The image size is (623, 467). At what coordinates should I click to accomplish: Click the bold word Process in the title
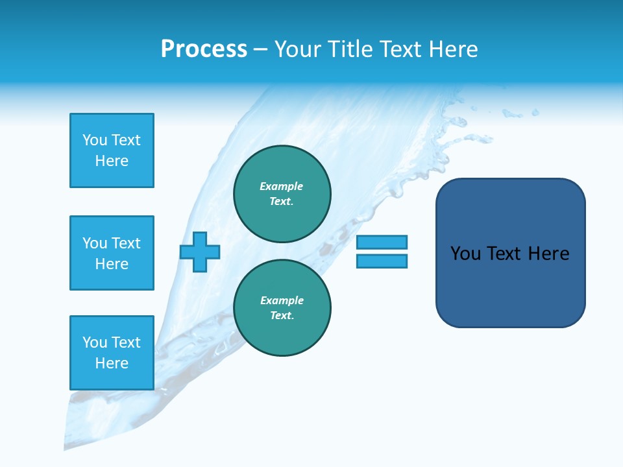[204, 49]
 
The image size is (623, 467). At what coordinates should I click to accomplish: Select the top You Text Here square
[112, 150]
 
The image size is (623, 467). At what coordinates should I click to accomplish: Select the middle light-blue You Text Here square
[112, 253]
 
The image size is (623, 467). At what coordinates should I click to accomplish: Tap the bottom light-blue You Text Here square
[112, 353]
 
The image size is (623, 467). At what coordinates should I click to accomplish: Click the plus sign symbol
[200, 252]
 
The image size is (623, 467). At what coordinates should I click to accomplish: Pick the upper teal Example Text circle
[282, 194]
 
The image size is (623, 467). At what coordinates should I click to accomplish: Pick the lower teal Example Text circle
[282, 308]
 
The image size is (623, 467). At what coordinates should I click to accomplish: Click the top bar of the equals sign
[382, 242]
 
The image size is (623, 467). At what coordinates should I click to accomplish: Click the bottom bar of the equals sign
[382, 261]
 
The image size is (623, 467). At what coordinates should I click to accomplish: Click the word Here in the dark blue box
[548, 254]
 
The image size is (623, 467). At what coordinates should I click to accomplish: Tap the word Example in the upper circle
[281, 186]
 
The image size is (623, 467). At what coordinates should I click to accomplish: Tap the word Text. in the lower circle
[282, 316]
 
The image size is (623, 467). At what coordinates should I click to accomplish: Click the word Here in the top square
[112, 161]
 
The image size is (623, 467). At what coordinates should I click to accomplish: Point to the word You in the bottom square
[95, 342]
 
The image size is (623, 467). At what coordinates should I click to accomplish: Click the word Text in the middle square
[126, 243]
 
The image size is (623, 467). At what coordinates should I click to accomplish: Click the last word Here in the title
[454, 49]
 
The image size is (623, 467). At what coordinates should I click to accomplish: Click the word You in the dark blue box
[465, 254]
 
